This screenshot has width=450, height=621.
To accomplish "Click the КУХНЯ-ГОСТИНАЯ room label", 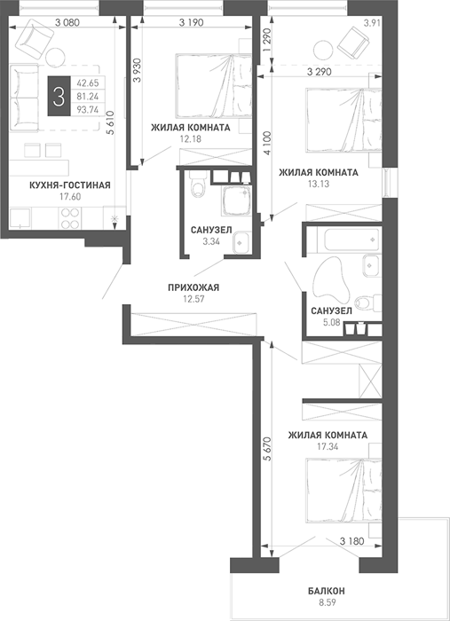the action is [x=70, y=185].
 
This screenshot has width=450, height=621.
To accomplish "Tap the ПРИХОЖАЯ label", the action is [x=193, y=287].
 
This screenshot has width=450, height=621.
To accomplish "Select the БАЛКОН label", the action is [x=327, y=592].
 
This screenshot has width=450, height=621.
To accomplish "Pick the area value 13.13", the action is [x=319, y=184].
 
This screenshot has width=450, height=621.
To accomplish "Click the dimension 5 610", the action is [x=111, y=122].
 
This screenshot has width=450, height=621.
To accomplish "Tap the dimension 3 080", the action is [x=67, y=22].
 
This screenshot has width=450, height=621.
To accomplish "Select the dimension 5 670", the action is [x=267, y=449].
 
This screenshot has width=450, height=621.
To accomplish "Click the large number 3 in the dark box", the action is [x=59, y=97].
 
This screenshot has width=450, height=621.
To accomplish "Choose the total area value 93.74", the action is [x=88, y=110].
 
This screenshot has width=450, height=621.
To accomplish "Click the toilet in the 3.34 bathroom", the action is [x=197, y=185].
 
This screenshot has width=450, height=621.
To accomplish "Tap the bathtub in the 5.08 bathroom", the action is [x=349, y=240].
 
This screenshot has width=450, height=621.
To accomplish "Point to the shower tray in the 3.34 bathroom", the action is [x=236, y=200].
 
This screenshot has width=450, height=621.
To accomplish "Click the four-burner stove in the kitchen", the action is [x=70, y=218].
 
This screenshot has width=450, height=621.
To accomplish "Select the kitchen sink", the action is [x=20, y=218].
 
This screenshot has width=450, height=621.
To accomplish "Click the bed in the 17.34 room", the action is [x=343, y=490].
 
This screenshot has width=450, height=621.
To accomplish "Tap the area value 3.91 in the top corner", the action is [x=372, y=23].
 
